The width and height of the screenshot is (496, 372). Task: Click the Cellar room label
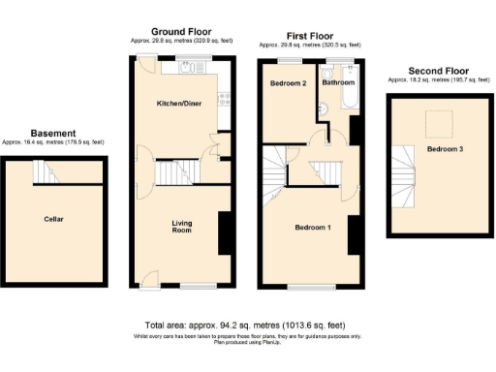pyautogui.click(x=54, y=219)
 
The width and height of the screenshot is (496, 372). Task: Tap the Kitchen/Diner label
pyautogui.click(x=180, y=102)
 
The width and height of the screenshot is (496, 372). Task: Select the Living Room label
pyautogui.click(x=181, y=228)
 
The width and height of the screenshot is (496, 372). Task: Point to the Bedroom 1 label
pyautogui.click(x=313, y=228)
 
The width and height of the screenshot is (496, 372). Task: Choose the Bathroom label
pyautogui.click(x=338, y=83)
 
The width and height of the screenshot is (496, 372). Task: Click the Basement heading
pyautogui.click(x=53, y=133)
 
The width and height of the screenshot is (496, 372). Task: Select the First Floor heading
pyautogui.click(x=310, y=36)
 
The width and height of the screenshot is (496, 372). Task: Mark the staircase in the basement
pyautogui.click(x=45, y=171)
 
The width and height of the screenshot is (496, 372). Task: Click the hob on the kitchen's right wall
pyautogui.click(x=225, y=97)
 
